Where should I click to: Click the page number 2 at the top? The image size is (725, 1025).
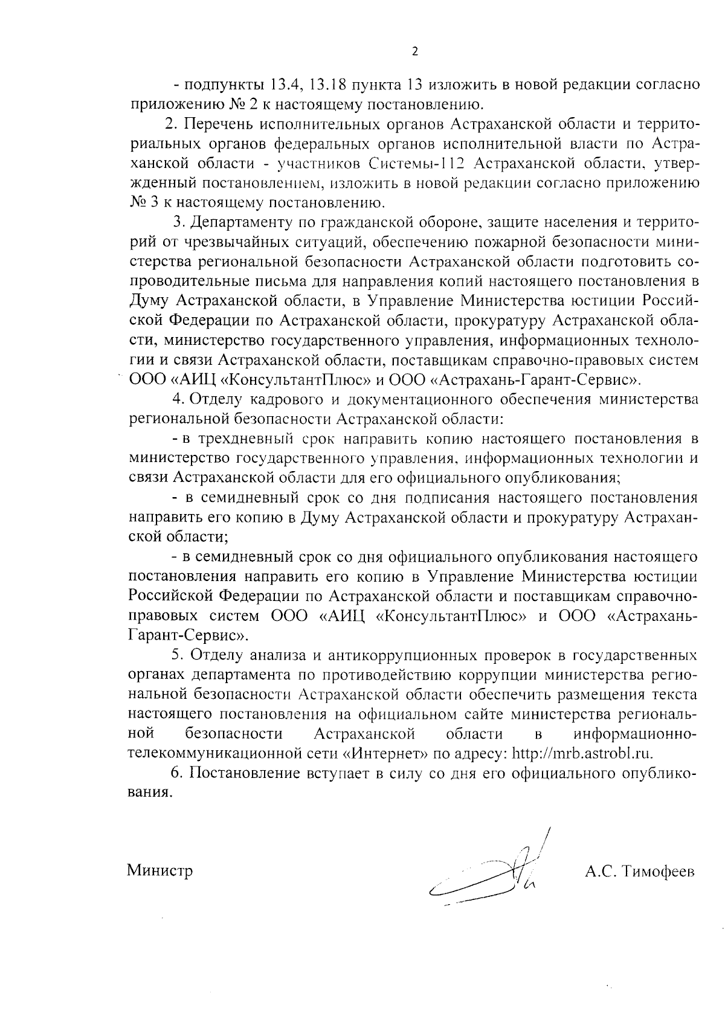click(x=414, y=51)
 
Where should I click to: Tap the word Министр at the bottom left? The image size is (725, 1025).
click(x=160, y=871)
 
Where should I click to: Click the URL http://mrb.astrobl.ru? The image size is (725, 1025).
click(x=584, y=753)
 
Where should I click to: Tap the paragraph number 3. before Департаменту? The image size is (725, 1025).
click(x=178, y=222)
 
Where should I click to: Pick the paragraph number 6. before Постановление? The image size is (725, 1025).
click(x=177, y=773)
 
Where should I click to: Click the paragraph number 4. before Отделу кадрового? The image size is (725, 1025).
click(x=178, y=399)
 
